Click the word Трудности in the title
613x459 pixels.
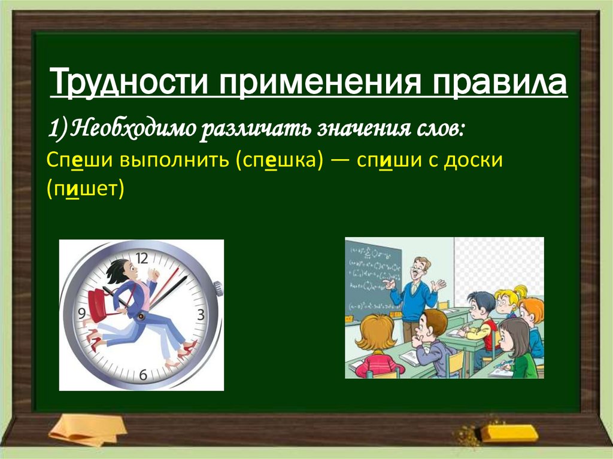(129, 82)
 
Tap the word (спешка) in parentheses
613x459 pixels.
(280, 160)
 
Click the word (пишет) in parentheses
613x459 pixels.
(85, 189)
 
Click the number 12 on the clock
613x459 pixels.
(142, 259)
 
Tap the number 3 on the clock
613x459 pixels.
(201, 315)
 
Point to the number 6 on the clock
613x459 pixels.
(143, 375)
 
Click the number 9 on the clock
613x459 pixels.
(81, 314)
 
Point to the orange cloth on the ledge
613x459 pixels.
(87, 430)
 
